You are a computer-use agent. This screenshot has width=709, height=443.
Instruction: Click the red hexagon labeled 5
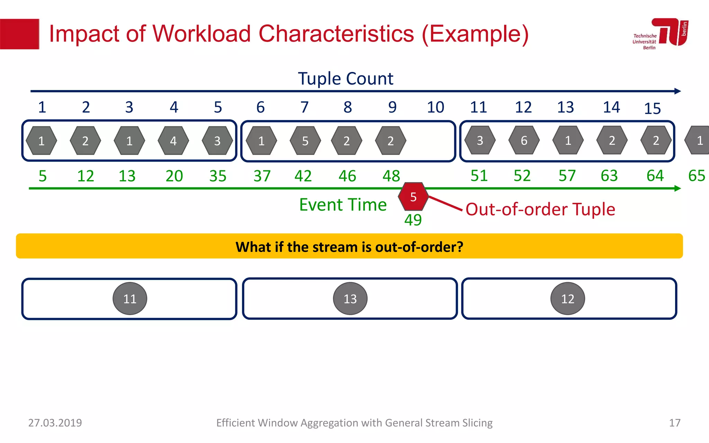click(413, 197)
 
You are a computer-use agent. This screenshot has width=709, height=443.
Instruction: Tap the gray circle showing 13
click(350, 299)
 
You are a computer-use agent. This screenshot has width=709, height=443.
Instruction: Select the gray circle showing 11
click(130, 299)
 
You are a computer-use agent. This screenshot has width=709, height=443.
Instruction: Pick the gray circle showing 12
click(568, 299)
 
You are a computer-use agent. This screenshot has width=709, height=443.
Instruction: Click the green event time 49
click(413, 220)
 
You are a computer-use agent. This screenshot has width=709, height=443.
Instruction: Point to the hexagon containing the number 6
click(524, 141)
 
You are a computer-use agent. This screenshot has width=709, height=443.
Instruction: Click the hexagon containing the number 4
click(173, 141)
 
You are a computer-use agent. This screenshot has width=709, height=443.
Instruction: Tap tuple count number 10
click(435, 107)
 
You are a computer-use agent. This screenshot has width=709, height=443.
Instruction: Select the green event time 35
click(218, 176)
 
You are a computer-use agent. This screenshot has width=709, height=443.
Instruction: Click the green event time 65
click(697, 176)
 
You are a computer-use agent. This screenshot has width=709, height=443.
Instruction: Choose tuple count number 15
click(652, 109)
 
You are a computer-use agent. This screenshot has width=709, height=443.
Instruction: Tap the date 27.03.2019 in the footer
click(55, 423)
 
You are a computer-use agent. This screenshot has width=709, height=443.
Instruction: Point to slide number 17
click(674, 423)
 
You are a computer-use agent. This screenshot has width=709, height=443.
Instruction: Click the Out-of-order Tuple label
click(540, 209)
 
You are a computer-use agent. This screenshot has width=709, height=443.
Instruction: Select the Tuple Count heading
click(345, 79)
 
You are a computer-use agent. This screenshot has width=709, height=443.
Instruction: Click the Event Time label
click(343, 205)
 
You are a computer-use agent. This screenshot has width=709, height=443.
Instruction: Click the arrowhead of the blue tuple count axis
click(678, 91)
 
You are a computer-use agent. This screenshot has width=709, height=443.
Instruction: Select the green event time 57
click(567, 176)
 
